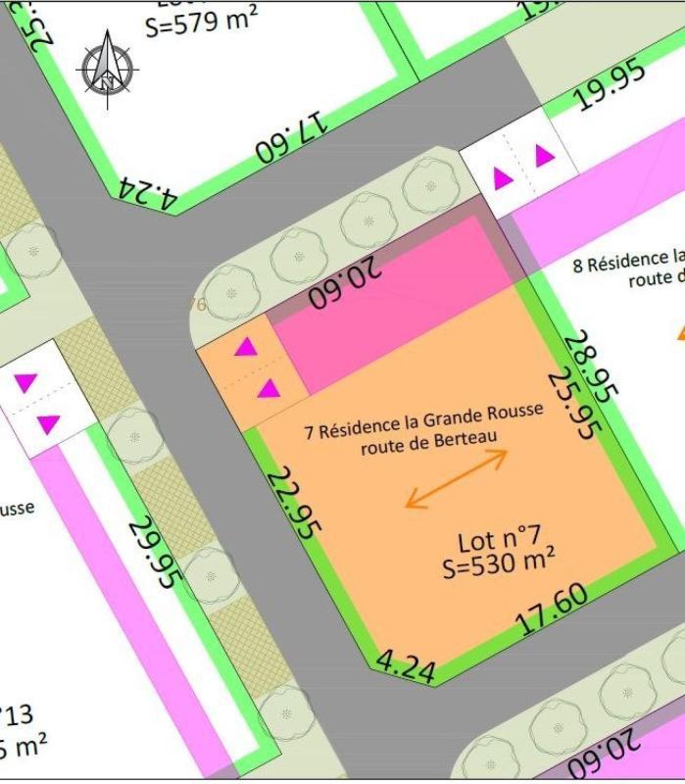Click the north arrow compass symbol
click(x=107, y=65)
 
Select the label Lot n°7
click(x=499, y=539)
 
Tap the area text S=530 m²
click(x=500, y=564)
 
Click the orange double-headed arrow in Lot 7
click(x=457, y=479)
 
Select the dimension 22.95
click(x=294, y=503)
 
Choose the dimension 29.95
click(x=154, y=553)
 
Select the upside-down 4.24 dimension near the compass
click(x=147, y=193)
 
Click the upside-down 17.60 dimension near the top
click(x=291, y=138)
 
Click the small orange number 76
click(x=197, y=305)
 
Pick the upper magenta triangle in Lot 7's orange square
click(x=245, y=347)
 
